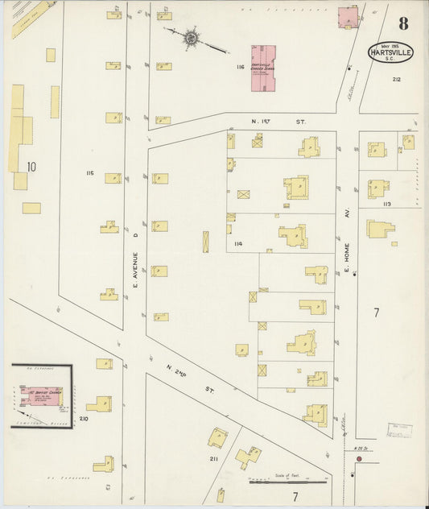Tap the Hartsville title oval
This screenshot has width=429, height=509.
(391, 52)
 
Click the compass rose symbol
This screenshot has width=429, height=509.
(192, 37)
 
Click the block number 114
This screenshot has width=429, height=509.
(238, 243)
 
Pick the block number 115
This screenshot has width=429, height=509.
(89, 173)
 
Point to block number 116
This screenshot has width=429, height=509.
(239, 68)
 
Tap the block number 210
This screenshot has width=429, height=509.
(83, 420)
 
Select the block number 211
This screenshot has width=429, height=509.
(213, 458)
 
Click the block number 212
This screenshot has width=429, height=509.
(396, 80)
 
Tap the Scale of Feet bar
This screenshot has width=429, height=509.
(287, 482)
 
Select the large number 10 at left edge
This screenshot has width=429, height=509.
(31, 167)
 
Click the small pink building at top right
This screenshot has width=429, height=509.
(348, 17)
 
